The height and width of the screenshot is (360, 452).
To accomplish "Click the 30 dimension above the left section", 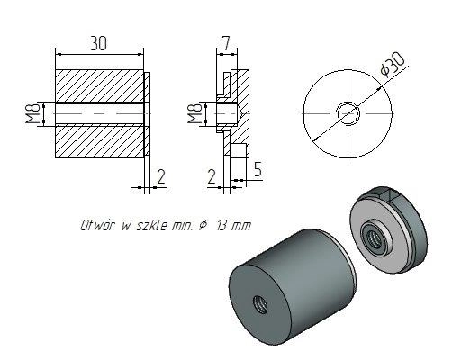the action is (99, 44).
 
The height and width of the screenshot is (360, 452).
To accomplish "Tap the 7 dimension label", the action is (227, 43).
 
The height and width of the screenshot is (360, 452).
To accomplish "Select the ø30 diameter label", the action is (392, 66).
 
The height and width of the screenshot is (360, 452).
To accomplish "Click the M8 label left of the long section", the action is (32, 113).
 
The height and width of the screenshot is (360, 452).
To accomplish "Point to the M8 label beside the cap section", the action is (194, 113).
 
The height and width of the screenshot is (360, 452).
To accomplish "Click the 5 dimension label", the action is (258, 169).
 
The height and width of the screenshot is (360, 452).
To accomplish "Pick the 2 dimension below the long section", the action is (161, 176).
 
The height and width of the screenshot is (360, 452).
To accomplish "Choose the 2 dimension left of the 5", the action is (212, 176).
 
